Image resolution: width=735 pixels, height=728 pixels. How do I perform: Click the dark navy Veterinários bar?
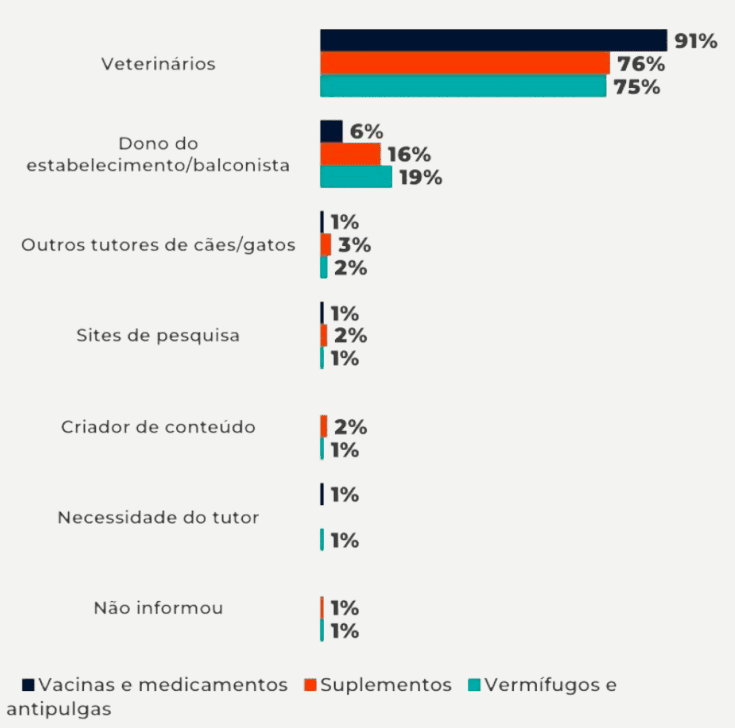tap(493, 40)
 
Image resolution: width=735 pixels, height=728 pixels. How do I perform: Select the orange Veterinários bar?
tap(465, 63)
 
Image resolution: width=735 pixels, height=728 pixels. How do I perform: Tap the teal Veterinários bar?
tap(463, 86)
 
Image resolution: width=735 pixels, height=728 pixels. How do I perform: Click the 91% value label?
tap(696, 41)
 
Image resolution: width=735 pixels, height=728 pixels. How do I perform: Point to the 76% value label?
tap(641, 64)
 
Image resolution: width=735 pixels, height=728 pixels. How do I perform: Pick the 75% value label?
tap(637, 87)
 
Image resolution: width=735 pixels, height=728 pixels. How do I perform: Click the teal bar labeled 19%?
tap(356, 177)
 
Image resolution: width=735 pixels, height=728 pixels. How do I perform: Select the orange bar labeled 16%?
tap(350, 154)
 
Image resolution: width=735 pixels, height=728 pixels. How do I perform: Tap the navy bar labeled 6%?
tap(331, 131)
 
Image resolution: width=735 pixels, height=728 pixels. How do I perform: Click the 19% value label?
tap(419, 178)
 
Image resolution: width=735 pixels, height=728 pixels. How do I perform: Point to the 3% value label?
tap(354, 245)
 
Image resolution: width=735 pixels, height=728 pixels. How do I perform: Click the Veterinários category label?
tap(159, 64)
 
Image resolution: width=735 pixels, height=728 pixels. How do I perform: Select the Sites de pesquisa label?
tap(158, 335)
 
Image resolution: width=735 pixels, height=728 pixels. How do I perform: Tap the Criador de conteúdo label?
tap(158, 427)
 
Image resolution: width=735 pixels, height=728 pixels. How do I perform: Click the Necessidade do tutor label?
tap(158, 518)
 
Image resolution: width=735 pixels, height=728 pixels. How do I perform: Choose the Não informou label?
tap(158, 608)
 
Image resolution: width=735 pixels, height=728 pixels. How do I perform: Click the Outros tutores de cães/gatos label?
tap(158, 245)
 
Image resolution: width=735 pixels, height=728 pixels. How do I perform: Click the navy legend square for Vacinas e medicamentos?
tap(29, 685)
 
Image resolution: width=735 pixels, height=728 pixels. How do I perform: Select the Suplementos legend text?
tap(386, 685)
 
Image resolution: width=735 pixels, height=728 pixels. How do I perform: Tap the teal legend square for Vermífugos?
tap(475, 685)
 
